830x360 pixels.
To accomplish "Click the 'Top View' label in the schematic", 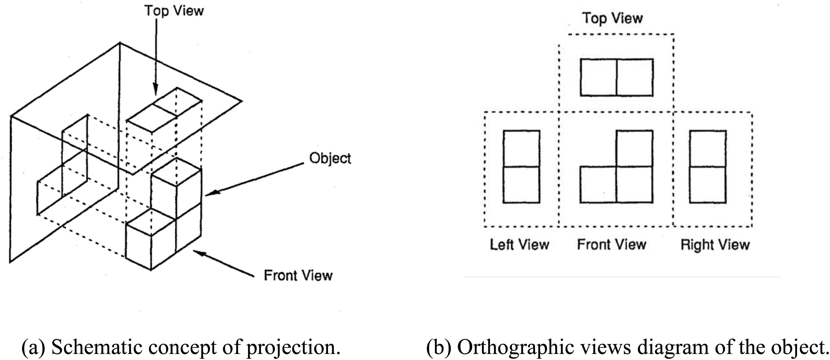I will [174, 11].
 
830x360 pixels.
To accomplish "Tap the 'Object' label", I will [330, 158].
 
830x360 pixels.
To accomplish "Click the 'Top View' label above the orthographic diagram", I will [612, 18].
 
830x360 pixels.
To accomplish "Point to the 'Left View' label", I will [519, 245].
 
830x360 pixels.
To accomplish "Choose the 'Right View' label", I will [715, 245].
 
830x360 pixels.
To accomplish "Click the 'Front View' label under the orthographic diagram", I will [612, 245].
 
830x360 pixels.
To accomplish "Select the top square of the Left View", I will [521, 148].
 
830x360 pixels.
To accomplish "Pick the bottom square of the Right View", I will [707, 184].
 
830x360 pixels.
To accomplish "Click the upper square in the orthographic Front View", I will [634, 148].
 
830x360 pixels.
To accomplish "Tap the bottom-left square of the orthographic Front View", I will [598, 184].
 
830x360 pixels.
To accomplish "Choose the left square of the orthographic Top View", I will [598, 77].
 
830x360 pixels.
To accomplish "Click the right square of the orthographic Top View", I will [635, 77].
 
